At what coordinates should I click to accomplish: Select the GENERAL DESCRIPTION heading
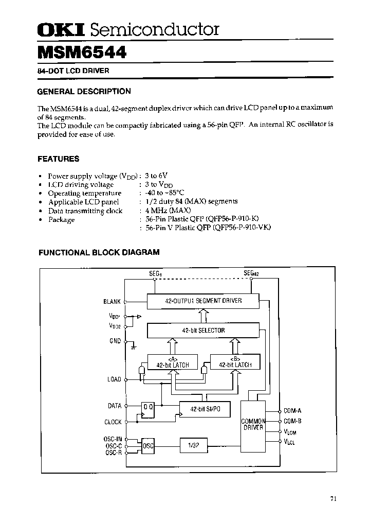84,91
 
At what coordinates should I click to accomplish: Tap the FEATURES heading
59,159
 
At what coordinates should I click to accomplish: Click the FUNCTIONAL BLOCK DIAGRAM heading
100,252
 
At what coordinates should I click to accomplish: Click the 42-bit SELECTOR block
203,331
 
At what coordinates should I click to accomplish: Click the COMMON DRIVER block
253,424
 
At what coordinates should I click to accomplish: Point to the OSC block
148,445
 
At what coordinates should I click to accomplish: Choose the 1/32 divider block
194,445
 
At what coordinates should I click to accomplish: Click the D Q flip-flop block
147,409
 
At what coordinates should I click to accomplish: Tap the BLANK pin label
112,302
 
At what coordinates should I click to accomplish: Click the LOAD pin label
114,379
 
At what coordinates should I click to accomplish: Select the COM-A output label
292,410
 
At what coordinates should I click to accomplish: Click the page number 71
334,498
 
